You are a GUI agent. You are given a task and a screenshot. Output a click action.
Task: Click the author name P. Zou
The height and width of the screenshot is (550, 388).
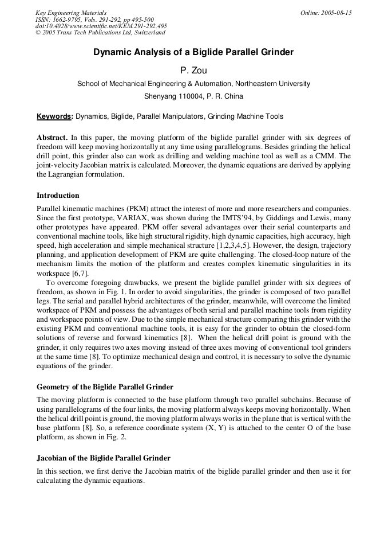(193, 70)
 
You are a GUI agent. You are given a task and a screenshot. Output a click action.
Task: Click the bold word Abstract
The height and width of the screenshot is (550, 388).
(52, 138)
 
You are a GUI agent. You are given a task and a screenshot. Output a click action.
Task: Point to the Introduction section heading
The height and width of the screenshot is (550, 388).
(58, 196)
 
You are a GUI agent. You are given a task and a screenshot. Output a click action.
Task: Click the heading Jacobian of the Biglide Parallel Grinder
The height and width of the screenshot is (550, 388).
(103, 458)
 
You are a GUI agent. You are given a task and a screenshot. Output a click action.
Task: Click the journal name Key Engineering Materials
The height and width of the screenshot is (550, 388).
(71, 13)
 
